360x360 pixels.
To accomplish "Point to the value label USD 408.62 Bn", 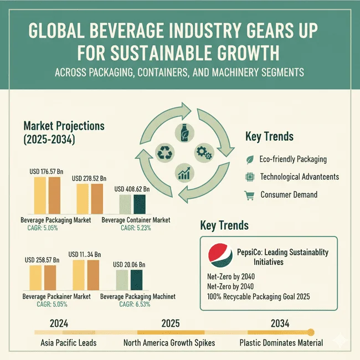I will (x=132, y=189).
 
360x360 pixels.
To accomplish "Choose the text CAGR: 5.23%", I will (x=136, y=228).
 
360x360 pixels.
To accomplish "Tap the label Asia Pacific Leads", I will (x=69, y=342).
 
